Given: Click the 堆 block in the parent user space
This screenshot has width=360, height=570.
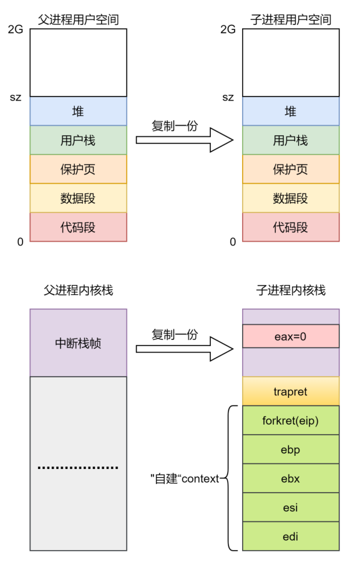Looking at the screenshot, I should click(78, 112).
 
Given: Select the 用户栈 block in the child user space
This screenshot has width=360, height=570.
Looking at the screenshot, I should click(291, 140).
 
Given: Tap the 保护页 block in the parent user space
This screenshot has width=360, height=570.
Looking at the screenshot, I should click(78, 169).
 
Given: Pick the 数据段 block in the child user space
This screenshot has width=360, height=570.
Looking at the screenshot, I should click(291, 198).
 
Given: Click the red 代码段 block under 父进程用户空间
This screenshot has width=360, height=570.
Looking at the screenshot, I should click(78, 227).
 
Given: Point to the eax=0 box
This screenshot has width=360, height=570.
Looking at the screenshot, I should click(291, 337).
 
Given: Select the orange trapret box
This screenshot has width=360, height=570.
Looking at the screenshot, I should click(291, 391).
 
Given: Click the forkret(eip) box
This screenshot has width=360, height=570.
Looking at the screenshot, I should click(291, 420).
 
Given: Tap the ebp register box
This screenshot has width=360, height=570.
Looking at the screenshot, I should click(291, 449).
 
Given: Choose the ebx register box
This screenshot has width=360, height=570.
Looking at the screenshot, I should click(291, 478).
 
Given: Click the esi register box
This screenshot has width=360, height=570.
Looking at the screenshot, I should click(291, 507).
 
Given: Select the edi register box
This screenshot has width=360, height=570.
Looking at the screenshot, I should click(291, 536).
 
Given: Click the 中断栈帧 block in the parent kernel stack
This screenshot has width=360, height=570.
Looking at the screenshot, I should click(78, 342).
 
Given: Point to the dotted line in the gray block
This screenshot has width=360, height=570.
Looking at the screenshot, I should click(78, 467).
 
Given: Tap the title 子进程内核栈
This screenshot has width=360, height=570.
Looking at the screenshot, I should click(291, 290).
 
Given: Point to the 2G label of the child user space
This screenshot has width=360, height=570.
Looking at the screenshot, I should click(228, 29).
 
